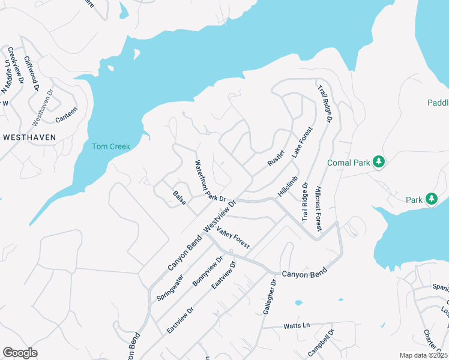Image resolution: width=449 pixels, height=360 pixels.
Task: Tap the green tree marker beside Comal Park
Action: [x=378, y=161]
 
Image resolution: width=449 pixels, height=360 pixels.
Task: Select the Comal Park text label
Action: [x=348, y=163]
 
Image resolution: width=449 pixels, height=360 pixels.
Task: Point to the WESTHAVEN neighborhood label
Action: [x=29, y=137]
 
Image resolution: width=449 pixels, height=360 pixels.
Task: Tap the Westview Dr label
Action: [x=221, y=216]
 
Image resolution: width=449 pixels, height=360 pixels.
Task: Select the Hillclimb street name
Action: [x=288, y=187]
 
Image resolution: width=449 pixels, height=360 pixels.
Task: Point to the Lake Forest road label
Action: [x=302, y=143]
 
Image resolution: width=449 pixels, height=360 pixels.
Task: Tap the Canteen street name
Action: [x=66, y=112]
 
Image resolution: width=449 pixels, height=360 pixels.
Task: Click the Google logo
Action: [x=20, y=352]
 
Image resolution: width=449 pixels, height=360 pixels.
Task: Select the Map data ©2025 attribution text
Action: [x=423, y=355]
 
